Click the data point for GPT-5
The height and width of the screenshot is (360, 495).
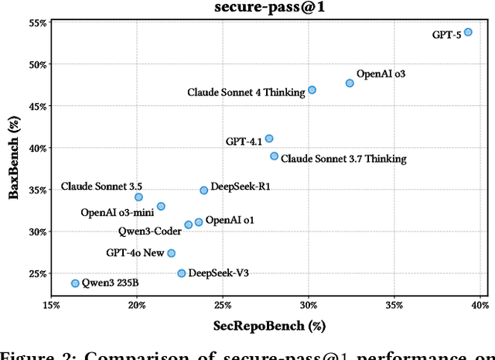pos(467,33)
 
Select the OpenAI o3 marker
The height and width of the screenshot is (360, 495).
pos(350,83)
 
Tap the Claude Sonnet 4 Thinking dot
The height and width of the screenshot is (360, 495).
pos(312,90)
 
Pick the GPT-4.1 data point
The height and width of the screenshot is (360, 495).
pos(269,139)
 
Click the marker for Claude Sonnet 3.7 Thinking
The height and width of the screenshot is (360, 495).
pos(274,156)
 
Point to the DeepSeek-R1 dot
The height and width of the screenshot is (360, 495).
pos(204,190)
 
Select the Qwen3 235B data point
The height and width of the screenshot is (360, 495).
pos(75,283)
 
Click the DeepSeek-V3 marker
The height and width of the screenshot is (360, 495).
pos(182,273)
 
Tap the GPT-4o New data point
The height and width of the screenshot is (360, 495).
pos(171,253)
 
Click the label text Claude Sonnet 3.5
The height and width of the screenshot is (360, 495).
pos(101,187)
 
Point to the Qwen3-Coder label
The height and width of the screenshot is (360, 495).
pos(150,231)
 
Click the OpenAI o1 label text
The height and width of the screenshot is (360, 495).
pos(230,221)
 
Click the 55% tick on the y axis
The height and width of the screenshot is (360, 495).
pos(38,22)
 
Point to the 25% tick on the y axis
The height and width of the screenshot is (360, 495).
pos(38,273)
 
